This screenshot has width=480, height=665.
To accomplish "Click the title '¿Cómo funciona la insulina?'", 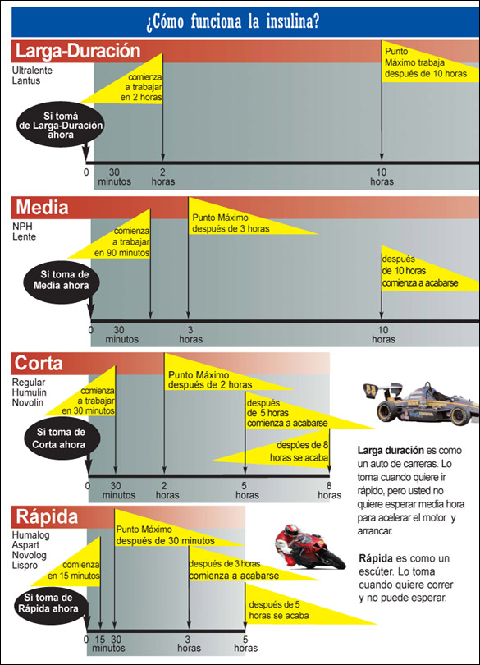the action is (x=233, y=21).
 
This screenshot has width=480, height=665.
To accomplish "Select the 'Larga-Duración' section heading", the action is (x=78, y=51).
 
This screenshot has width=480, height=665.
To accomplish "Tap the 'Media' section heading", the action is (x=42, y=208).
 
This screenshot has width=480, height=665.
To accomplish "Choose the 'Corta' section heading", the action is (x=39, y=364).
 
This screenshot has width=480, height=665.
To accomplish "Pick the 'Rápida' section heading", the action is (x=47, y=517).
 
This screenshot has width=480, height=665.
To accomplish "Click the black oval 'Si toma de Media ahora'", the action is (x=62, y=280).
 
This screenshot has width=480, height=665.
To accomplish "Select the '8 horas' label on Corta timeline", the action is (x=330, y=490).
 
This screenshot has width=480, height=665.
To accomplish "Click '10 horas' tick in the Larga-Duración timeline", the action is (x=382, y=177).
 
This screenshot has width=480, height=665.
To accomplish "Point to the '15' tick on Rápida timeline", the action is (x=100, y=639).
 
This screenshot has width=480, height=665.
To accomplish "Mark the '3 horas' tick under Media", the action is (x=190, y=334).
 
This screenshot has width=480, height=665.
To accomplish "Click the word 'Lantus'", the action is (x=26, y=80).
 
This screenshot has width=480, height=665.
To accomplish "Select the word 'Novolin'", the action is (x=28, y=402).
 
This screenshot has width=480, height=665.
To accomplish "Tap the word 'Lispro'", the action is (x=25, y=566).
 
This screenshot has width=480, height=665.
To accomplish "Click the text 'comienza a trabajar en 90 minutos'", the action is (x=122, y=242).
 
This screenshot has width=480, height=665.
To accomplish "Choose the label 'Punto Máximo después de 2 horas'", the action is (x=210, y=380).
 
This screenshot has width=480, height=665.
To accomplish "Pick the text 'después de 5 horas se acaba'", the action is (x=279, y=610).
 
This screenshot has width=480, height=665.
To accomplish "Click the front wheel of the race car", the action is (x=460, y=415).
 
